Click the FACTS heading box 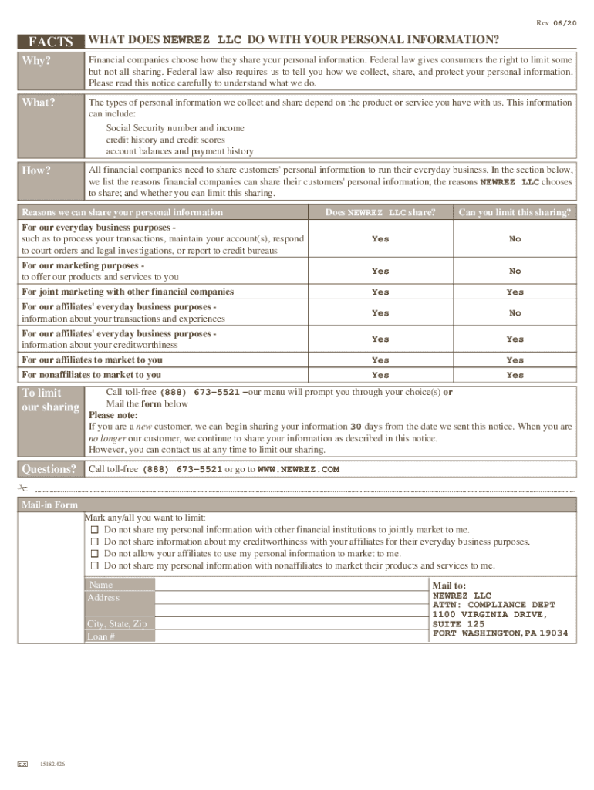point(50,42)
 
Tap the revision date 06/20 point(565,24)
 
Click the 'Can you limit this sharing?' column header point(515,212)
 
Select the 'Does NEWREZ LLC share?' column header point(380,212)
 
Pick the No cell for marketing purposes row point(515,271)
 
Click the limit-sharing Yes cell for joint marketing point(515,292)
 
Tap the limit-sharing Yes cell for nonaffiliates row point(515,375)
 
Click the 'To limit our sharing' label point(50,400)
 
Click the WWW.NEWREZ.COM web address point(298,469)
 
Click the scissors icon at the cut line point(22,489)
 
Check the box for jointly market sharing point(94,530)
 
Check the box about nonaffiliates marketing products point(94,565)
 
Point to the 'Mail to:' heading point(449,586)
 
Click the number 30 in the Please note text point(356,426)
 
